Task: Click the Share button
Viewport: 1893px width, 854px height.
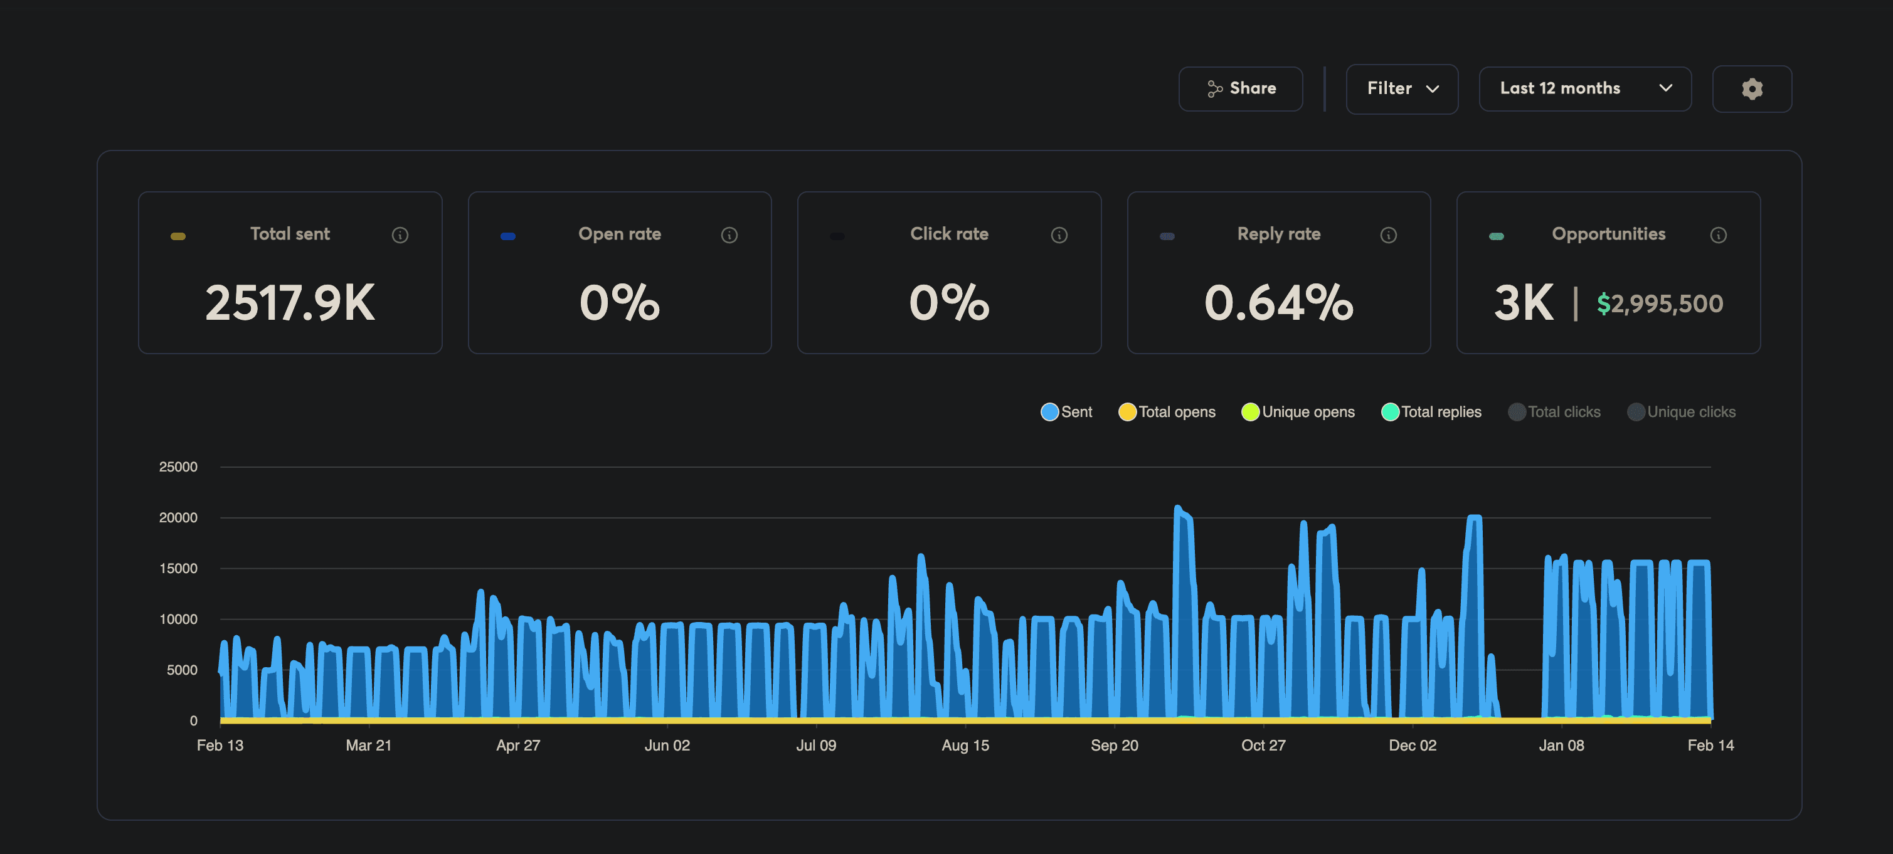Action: coord(1241,89)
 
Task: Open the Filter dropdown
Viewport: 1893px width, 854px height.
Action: coord(1401,89)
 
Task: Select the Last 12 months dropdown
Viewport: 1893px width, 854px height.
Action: coord(1584,89)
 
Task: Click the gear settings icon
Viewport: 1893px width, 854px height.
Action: coord(1752,89)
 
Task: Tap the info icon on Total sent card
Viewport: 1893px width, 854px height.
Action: coord(400,235)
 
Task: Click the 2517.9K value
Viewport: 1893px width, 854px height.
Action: coord(290,302)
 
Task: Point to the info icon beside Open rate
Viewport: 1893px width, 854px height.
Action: coord(729,235)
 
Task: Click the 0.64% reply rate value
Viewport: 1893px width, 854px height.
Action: coord(1279,302)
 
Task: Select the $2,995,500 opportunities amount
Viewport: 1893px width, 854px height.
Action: coord(1660,303)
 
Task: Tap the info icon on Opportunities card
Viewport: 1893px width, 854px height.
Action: coord(1718,235)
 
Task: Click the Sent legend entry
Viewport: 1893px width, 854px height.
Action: coord(1066,412)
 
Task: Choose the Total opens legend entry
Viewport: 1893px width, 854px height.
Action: coord(1167,412)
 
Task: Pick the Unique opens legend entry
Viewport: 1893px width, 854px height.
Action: coord(1298,412)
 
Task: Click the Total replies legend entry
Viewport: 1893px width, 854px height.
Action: coord(1431,412)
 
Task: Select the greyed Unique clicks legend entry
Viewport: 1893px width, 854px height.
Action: coord(1682,412)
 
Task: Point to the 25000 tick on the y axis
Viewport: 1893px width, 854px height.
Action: coord(178,467)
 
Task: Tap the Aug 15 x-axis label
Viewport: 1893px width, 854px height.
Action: coord(965,746)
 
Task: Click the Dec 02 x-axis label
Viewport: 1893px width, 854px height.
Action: coord(1412,746)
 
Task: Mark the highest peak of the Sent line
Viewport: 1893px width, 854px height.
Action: coord(1177,507)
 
